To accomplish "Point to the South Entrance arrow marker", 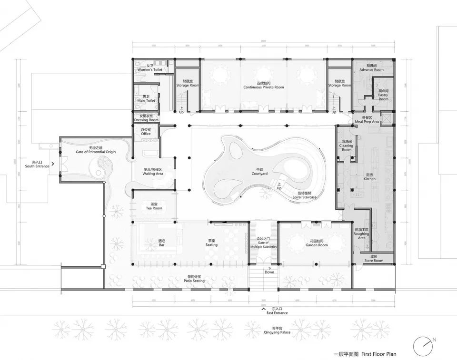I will pos(53,164).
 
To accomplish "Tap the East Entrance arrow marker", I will pos(263,308).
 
